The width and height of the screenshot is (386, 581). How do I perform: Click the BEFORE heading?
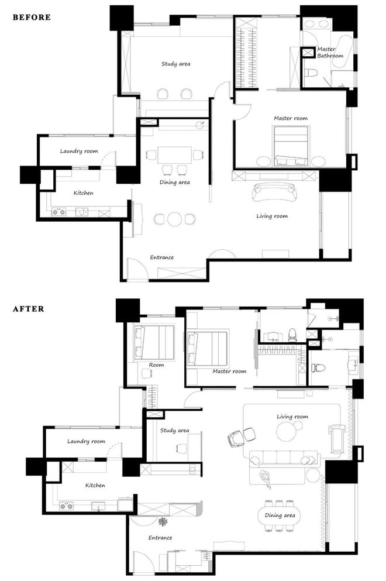(x=32, y=17)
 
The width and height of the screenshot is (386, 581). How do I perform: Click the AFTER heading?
(x=29, y=309)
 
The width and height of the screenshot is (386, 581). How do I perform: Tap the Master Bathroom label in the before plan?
(x=330, y=52)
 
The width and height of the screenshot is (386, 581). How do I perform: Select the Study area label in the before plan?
(x=175, y=64)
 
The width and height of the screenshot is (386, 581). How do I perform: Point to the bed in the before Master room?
(x=291, y=146)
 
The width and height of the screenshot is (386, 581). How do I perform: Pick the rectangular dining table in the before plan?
(x=174, y=155)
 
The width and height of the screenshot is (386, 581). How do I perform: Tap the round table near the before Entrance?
(x=174, y=219)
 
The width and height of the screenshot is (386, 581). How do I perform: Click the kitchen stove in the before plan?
(x=58, y=212)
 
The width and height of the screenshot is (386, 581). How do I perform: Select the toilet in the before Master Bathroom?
(x=311, y=73)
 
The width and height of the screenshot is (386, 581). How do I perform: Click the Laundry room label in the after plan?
(x=86, y=441)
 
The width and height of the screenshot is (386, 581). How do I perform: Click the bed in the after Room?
(x=154, y=342)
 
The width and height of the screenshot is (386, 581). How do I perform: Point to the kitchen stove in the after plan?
(x=67, y=506)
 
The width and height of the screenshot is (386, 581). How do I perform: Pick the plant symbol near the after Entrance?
(x=163, y=522)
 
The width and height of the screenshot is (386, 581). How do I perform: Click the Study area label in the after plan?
(x=174, y=430)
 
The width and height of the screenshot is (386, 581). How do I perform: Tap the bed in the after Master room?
(x=208, y=348)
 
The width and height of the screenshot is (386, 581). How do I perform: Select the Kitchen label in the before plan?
(x=84, y=192)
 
